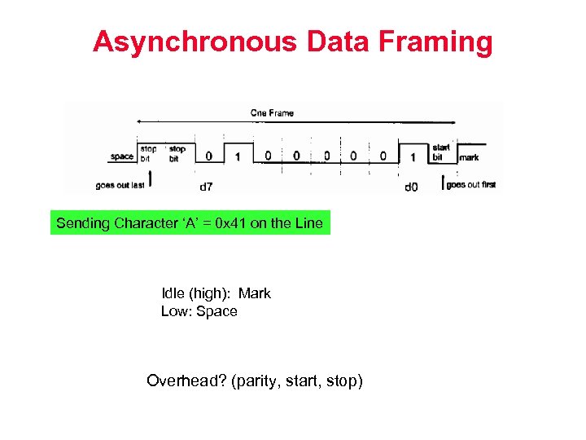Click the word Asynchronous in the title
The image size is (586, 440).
tap(196, 42)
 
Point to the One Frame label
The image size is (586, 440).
tap(273, 112)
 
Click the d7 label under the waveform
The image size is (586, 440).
tap(207, 187)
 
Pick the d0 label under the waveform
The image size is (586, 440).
tap(412, 187)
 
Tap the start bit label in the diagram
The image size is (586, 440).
tap(441, 152)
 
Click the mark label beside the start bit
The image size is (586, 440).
tap(470, 157)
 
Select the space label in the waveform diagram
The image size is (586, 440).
tap(121, 156)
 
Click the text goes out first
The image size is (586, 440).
tap(472, 185)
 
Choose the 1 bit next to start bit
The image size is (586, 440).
tap(413, 156)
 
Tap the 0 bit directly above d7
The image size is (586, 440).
tap(209, 156)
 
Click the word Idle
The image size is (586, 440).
tap(173, 293)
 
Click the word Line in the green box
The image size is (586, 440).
tap(308, 222)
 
